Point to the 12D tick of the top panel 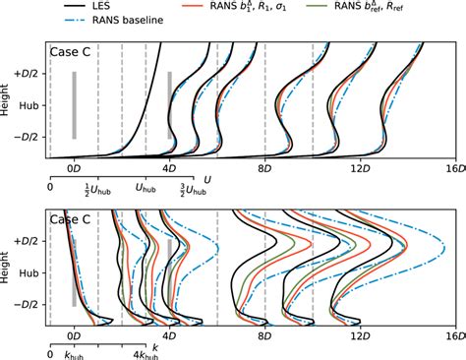[361, 168]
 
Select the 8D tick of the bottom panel [264, 335]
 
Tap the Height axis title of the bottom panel [8, 270]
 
